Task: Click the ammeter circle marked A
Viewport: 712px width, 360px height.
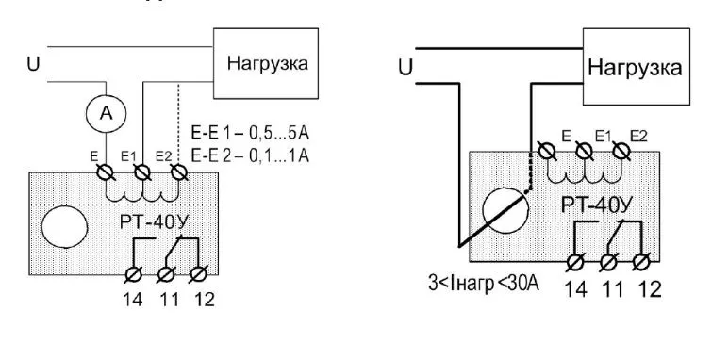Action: pyautogui.click(x=107, y=114)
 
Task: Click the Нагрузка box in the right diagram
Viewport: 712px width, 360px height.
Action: pyautogui.click(x=634, y=68)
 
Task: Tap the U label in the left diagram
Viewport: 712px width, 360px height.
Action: pyautogui.click(x=31, y=65)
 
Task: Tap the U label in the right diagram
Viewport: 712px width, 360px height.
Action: pyautogui.click(x=406, y=67)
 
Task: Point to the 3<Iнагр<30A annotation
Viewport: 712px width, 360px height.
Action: pyautogui.click(x=477, y=281)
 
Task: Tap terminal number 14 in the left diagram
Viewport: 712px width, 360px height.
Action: pyautogui.click(x=133, y=302)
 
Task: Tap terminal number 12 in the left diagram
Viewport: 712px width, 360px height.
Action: pyautogui.click(x=201, y=302)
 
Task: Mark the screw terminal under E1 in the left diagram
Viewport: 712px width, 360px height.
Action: pyautogui.click(x=142, y=173)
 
